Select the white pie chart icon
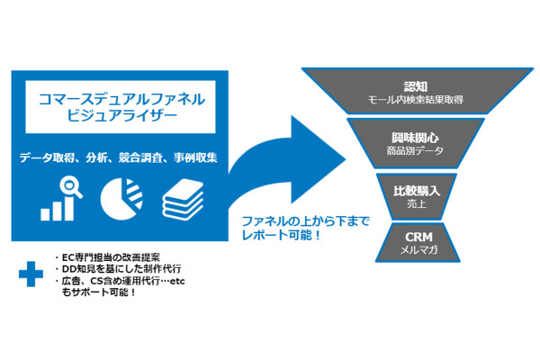[121, 198]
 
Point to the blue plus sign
[31, 274]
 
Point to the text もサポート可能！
[98, 293]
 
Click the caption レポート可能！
[281, 233]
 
